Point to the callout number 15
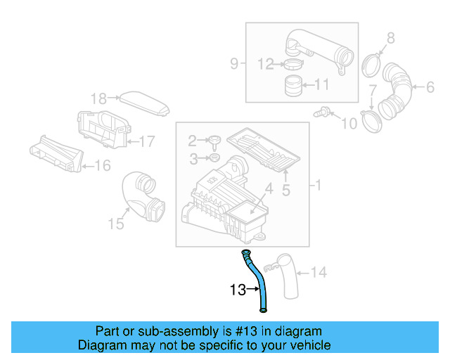pos(115,224)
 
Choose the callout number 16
pos(102,166)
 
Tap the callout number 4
pos(268,188)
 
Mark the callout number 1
pos(318,186)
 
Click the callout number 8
pos(391,37)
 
